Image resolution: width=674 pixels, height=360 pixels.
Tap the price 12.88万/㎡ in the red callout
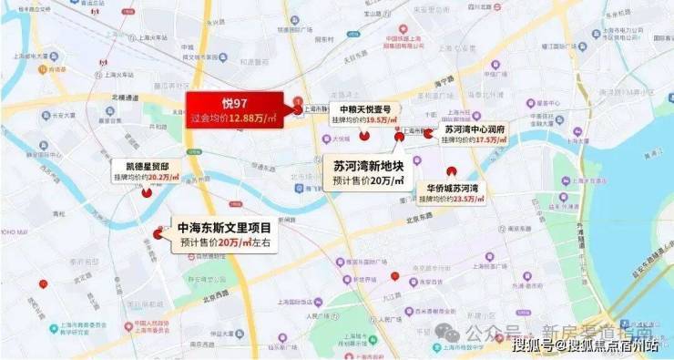pos(260,118)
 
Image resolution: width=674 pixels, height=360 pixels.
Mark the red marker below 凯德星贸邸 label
pos(146,191)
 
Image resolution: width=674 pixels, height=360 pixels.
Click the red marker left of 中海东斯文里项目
pos(158,234)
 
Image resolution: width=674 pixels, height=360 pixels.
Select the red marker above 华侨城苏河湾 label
pos(450,172)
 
